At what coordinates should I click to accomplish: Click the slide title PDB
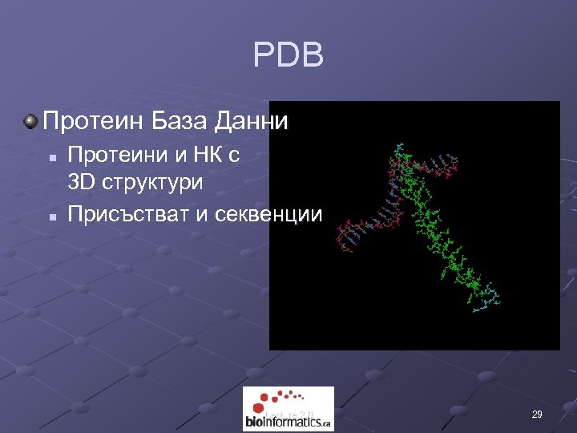point(288,56)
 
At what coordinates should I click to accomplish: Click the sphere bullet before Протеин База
point(30,122)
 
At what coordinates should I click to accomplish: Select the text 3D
point(83,183)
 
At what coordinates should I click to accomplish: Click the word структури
point(153,183)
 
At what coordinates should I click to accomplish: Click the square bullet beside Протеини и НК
point(50,156)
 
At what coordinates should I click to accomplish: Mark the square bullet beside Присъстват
point(50,215)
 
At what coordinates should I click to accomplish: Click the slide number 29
point(537,415)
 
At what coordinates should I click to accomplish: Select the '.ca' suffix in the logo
point(325,423)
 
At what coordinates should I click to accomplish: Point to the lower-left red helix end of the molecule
point(345,241)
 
